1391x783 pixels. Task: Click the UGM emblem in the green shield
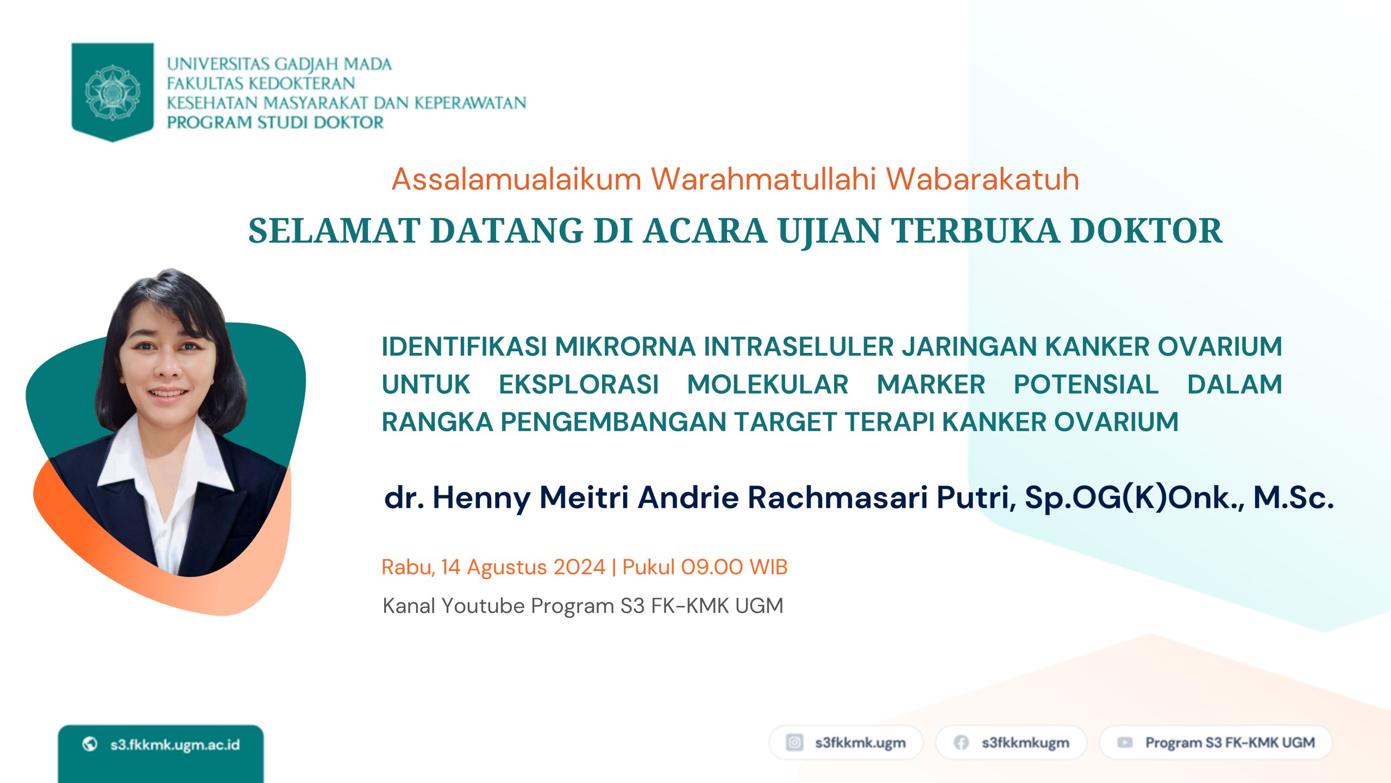[112, 92]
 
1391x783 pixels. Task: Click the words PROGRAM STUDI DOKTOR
[275, 123]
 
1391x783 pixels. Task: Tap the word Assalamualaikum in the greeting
[517, 179]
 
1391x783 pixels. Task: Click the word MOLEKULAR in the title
[768, 384]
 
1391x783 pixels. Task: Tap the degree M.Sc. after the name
[1293, 497]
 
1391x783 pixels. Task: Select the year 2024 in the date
[579, 567]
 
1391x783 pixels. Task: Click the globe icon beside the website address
[90, 744]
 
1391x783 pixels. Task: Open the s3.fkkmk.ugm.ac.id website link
[175, 744]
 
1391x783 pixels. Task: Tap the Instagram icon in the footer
[794, 742]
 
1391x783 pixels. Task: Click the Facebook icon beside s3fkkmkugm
[961, 743]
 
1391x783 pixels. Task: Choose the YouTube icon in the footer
[1125, 743]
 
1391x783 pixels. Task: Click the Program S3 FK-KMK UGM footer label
[1230, 743]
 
